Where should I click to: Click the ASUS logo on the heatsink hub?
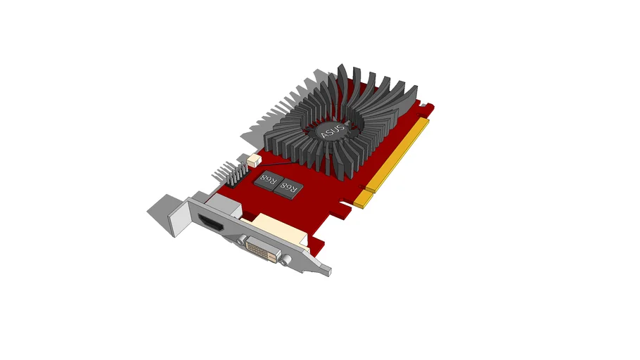pyautogui.click(x=331, y=130)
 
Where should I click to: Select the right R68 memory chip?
pyautogui.click(x=288, y=186)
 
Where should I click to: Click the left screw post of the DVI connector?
pyautogui.click(x=243, y=240)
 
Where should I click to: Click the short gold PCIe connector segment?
pyautogui.click(x=363, y=201)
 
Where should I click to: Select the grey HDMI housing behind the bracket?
pyautogui.click(x=229, y=208)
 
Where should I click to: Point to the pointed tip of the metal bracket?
pyautogui.click(x=328, y=271)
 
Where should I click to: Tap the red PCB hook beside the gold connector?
pyautogui.click(x=426, y=109)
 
